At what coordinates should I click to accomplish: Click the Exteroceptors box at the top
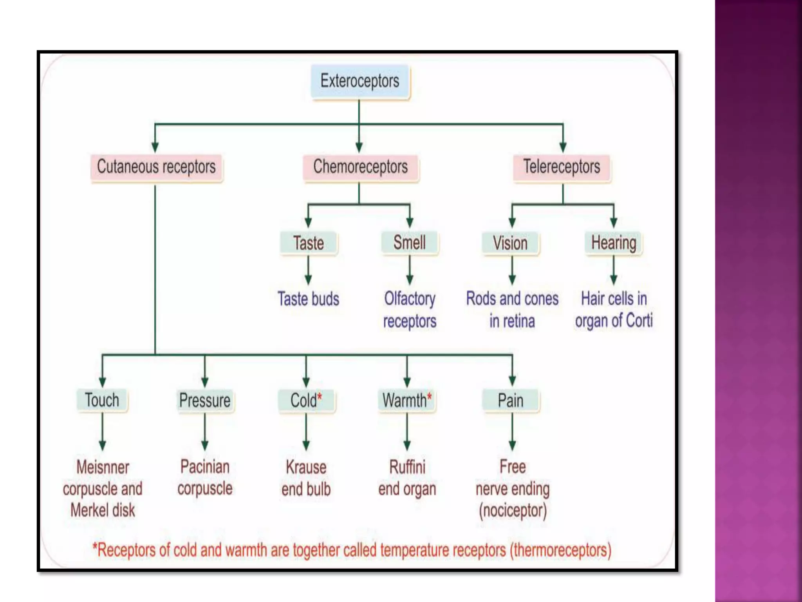(x=359, y=81)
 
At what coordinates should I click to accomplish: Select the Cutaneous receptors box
(x=156, y=167)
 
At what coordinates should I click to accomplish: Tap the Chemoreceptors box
(x=360, y=167)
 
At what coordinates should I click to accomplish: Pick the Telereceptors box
(x=562, y=167)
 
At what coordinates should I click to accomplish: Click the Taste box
(x=309, y=243)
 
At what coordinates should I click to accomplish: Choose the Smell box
(x=410, y=243)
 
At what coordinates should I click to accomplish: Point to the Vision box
(x=510, y=243)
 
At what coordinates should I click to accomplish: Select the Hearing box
(x=613, y=243)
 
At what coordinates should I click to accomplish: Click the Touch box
(x=102, y=400)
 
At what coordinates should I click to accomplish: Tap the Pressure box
(x=205, y=401)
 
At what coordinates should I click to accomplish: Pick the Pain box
(x=511, y=401)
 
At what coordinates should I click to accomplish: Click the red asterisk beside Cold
(x=320, y=397)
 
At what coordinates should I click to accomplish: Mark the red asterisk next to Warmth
(x=430, y=397)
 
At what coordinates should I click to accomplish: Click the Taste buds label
(x=309, y=299)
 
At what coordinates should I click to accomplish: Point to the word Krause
(x=306, y=467)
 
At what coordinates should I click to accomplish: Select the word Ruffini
(x=407, y=467)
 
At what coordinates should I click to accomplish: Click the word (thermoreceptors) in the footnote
(x=560, y=550)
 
